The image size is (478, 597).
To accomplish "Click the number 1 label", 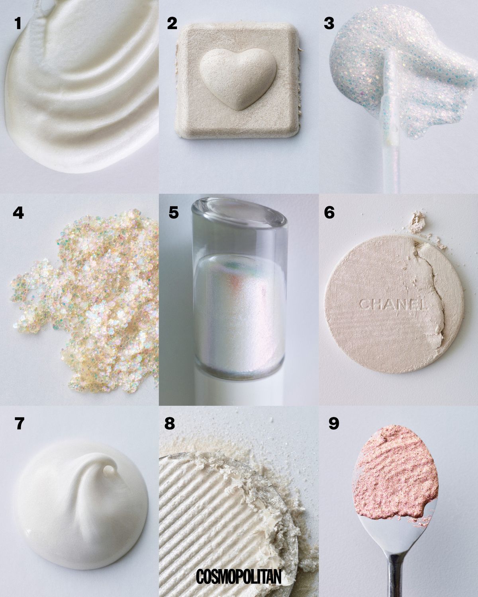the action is tap(18, 23).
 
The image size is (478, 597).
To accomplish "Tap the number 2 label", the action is tap(172, 23).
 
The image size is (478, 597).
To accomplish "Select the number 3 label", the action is tap(329, 23).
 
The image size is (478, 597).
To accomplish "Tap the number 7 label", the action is tap(19, 424).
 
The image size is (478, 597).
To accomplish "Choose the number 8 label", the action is tap(170, 424).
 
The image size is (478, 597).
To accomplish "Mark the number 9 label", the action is tap(334, 424).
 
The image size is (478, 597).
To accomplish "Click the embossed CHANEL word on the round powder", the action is tap(392, 304).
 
